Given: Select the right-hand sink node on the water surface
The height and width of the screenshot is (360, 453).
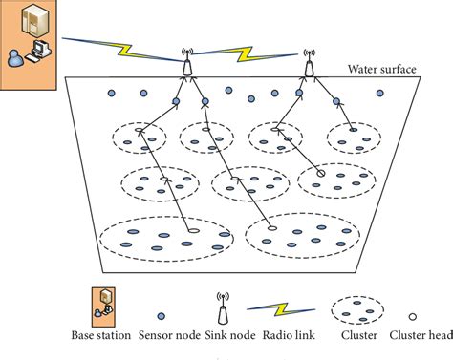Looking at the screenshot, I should click(309, 66).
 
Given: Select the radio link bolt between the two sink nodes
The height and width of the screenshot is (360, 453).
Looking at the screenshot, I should click(248, 53).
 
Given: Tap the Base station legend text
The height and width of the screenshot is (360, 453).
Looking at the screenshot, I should click(101, 336).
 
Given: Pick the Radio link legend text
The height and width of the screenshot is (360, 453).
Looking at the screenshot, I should click(287, 336).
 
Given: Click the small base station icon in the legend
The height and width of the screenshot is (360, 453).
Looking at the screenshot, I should click(102, 302).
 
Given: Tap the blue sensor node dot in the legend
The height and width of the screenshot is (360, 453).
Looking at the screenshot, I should click(163, 309).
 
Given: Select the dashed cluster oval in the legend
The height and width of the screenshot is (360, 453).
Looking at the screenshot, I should click(354, 309).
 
